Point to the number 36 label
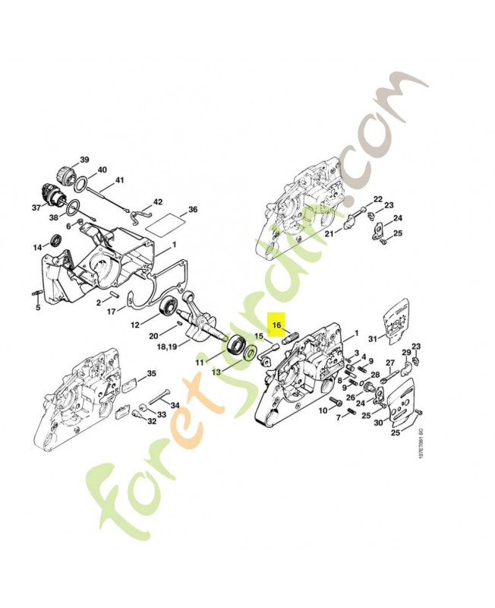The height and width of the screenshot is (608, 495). (x=193, y=209)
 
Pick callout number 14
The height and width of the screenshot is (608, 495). (x=36, y=248)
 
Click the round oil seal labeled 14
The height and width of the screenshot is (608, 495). (x=55, y=242)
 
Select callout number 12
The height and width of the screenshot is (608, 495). (x=135, y=325)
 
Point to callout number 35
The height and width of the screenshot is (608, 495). (x=151, y=373)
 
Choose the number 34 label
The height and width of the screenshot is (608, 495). (x=175, y=404)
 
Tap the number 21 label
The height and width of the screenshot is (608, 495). (x=329, y=234)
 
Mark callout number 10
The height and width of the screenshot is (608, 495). (x=322, y=410)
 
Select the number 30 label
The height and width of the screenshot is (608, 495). (x=379, y=423)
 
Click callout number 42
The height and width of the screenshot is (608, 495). (x=158, y=202)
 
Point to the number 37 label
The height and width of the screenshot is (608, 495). (x=35, y=207)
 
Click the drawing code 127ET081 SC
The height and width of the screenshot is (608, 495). (x=420, y=442)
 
